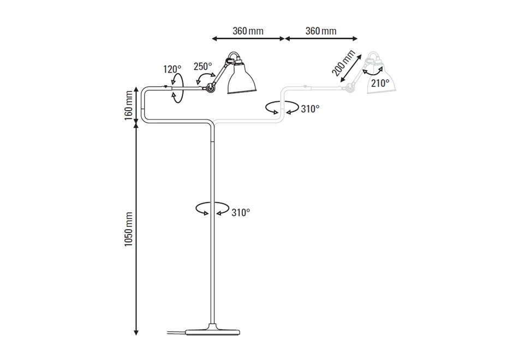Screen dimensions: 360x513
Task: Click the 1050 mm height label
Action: pos(129,230)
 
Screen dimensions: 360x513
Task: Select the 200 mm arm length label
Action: pos(343,63)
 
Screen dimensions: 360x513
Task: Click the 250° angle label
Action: pos(202,67)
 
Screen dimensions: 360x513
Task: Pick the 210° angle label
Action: pos(380,83)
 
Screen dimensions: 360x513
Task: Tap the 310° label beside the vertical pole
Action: pos(240,212)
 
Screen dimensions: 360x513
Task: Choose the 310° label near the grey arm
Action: pos(310,109)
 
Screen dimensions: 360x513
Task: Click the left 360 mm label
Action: pos(248,31)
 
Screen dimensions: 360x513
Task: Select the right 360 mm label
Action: pos(321,31)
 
